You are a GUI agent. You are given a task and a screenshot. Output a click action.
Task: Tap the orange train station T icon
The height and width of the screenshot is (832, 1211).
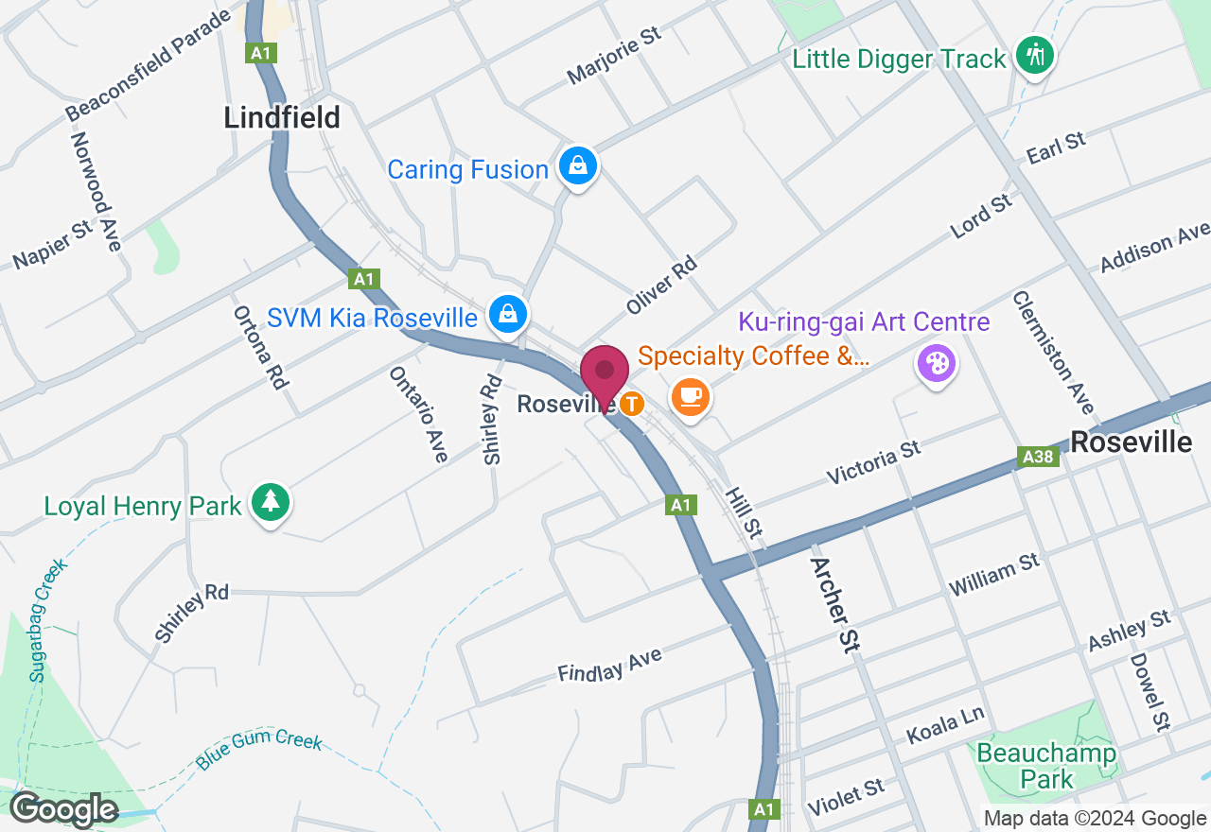(x=632, y=404)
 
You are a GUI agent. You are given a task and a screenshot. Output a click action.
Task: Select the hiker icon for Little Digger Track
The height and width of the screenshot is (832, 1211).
(x=1035, y=55)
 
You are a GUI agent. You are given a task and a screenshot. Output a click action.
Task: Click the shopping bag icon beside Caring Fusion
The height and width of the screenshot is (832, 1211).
(x=578, y=167)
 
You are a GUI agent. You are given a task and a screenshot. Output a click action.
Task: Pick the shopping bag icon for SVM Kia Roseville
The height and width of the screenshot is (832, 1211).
(x=508, y=315)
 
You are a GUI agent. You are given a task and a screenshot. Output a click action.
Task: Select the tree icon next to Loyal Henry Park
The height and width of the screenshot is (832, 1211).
(x=272, y=501)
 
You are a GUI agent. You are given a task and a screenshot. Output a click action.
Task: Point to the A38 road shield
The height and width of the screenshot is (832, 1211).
(x=1038, y=458)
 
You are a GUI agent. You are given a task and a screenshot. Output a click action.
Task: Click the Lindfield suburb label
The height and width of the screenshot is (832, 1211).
(x=282, y=117)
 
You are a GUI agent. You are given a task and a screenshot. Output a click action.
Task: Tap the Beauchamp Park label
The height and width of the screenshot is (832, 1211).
(x=1046, y=767)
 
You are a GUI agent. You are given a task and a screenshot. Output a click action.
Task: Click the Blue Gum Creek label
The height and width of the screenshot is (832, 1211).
(x=259, y=751)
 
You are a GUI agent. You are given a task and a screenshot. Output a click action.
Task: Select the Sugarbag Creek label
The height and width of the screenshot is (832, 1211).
(x=48, y=619)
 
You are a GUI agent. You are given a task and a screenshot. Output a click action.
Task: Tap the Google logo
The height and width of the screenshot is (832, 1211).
(x=62, y=809)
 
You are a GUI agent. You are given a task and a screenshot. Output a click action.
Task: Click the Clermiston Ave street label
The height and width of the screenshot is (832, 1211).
(x=1053, y=352)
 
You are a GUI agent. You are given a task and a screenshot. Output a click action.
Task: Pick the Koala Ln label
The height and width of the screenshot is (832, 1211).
(x=945, y=724)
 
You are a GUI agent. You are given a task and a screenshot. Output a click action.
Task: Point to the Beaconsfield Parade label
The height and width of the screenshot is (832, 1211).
(x=149, y=65)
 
